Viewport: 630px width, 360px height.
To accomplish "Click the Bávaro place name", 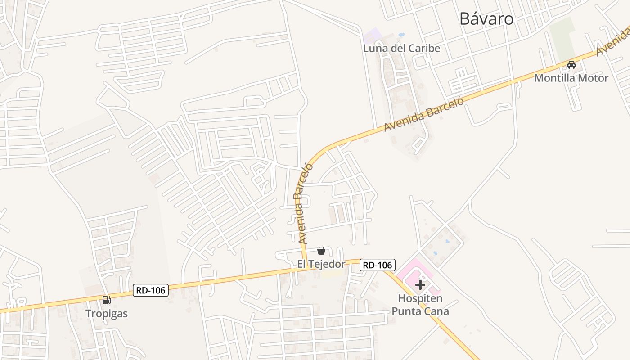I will (486, 19).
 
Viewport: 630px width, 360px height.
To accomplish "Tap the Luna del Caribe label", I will (401, 48).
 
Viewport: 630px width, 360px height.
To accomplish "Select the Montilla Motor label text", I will (571, 78).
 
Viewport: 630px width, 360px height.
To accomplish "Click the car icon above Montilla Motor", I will (571, 65).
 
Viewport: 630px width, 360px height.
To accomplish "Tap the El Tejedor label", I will (321, 264).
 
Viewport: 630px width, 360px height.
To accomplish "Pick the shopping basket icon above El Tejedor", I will (321, 251).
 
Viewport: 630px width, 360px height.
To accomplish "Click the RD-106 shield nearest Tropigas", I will (151, 290).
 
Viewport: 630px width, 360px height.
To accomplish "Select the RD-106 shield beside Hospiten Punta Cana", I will (378, 265).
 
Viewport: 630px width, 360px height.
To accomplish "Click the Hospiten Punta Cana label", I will (420, 305).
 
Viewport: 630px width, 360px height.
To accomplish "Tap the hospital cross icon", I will (420, 285).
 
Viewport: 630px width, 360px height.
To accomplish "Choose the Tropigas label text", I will (107, 314).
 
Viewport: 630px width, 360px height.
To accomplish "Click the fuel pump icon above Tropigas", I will (106, 300).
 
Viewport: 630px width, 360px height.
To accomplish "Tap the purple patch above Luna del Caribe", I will (372, 35).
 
